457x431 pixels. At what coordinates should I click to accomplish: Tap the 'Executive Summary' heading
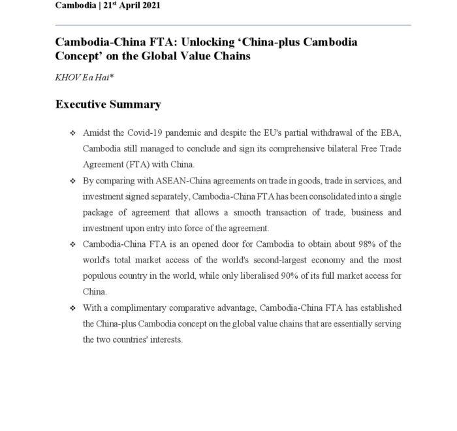(108, 104)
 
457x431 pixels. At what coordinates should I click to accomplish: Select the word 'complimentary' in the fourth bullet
(140, 308)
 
